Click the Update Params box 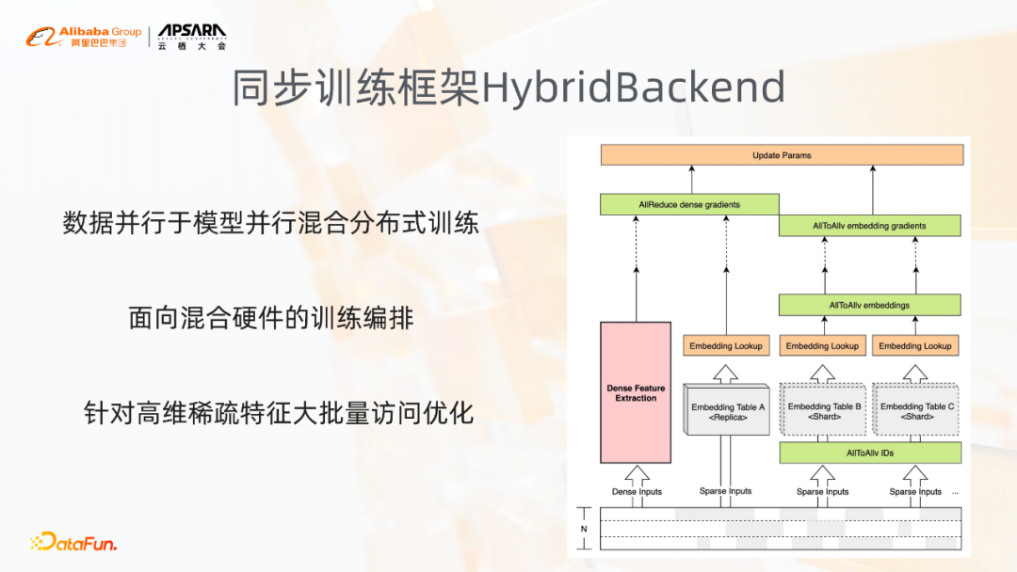[x=782, y=155]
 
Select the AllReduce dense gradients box [x=689, y=204]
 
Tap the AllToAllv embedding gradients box [x=869, y=226]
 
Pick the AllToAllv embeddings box [x=869, y=305]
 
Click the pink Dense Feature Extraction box [x=636, y=392]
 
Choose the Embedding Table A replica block [x=726, y=411]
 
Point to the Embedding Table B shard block [x=824, y=411]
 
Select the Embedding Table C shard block [x=916, y=411]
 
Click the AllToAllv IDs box [x=869, y=453]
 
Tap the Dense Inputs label [x=637, y=491]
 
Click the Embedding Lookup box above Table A [x=726, y=345]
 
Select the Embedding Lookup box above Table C [x=915, y=345]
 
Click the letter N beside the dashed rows [x=584, y=529]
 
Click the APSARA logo [x=192, y=37]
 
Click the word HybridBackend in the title [x=634, y=87]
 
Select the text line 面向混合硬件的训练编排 [x=271, y=318]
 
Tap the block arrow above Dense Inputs [x=637, y=474]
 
